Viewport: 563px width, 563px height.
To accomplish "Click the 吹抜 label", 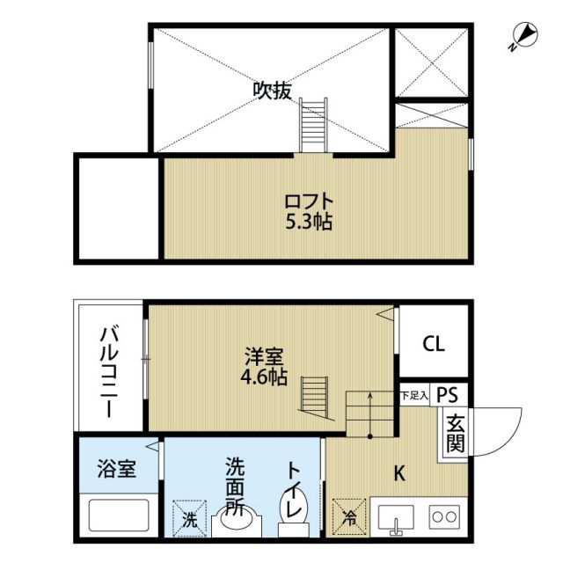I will (x=272, y=90).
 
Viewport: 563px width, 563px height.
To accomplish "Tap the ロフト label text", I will (x=307, y=199).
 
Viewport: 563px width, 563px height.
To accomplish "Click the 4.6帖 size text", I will (x=263, y=378).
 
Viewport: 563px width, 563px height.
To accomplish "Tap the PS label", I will (x=448, y=396).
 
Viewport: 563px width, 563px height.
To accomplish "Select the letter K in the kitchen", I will (x=398, y=473).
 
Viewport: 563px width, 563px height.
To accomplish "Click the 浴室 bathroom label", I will (x=116, y=468).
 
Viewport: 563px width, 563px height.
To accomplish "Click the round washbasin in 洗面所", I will (x=236, y=522).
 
